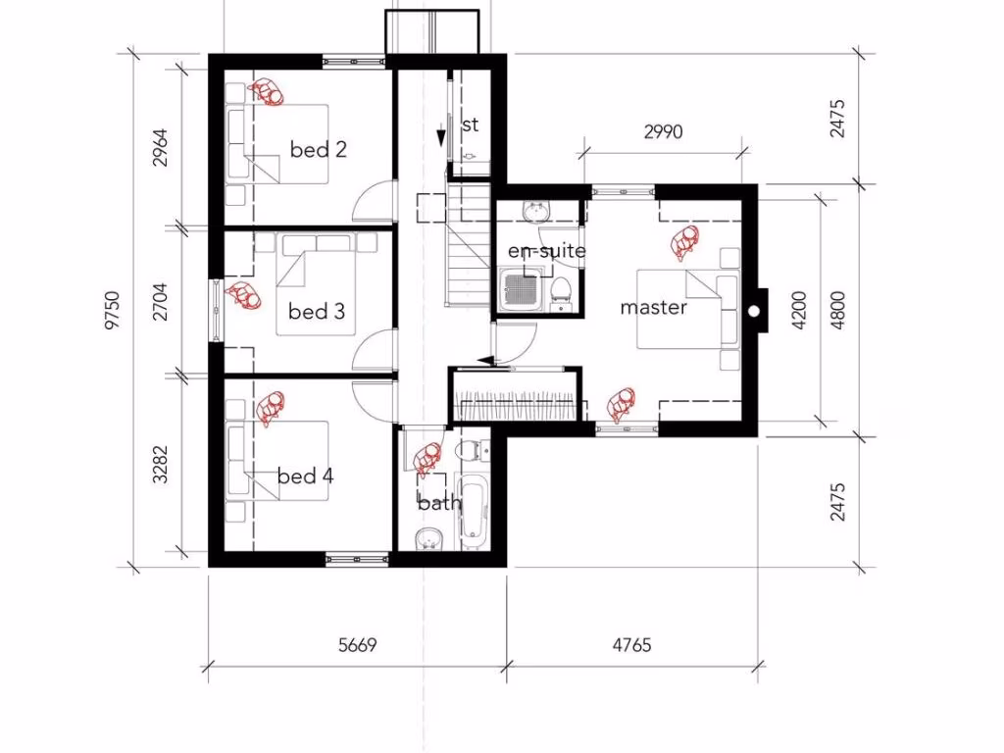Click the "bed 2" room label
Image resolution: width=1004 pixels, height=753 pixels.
coord(319,150)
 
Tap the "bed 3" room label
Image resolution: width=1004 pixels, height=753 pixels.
coord(317,312)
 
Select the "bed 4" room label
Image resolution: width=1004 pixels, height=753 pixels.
coord(305,477)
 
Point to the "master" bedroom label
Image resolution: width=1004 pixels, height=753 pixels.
coord(653,307)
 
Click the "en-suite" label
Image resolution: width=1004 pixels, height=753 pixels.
coord(546,251)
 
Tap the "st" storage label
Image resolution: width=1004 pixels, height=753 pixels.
coord(470,125)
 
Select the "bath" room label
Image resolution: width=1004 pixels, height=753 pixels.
coord(438,503)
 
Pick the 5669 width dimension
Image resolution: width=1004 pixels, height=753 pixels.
coord(357,645)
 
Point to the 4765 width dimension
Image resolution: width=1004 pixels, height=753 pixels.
coord(631,645)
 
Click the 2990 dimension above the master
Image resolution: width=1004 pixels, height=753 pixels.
coord(663,132)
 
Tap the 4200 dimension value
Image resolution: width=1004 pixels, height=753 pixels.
coord(799,309)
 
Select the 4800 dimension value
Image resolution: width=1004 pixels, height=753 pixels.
coord(836,309)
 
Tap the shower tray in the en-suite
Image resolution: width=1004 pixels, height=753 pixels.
coord(521,291)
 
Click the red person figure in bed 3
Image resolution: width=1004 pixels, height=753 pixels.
coord(242,295)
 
